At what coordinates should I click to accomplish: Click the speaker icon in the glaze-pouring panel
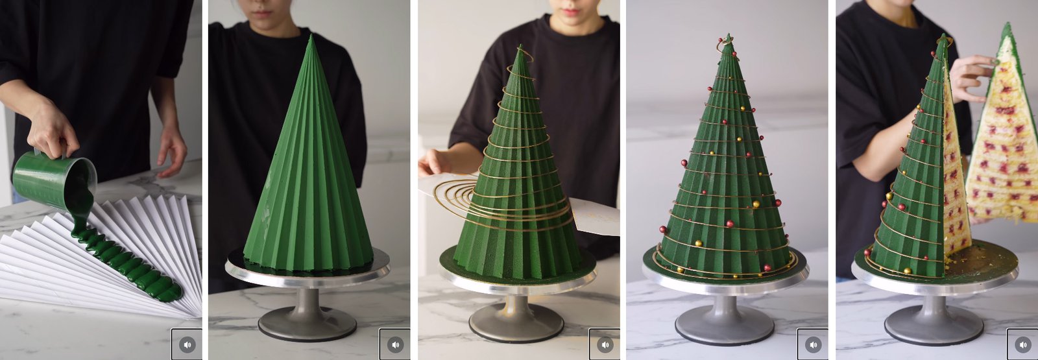click(x=187, y=344)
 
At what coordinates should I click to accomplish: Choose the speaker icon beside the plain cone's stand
click(x=395, y=344)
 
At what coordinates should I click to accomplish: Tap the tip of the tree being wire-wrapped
click(x=519, y=49)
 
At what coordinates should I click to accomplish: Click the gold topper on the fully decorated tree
click(x=727, y=41)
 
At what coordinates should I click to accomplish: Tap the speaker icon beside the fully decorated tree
click(x=813, y=344)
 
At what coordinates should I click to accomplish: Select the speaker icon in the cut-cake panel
click(x=1022, y=344)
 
